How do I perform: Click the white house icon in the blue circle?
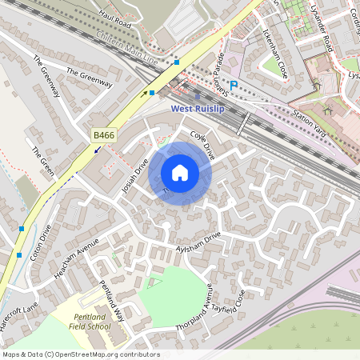(x=180, y=173)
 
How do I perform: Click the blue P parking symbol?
(x=234, y=85)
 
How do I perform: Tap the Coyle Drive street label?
(x=202, y=146)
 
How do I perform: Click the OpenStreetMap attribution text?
(x=81, y=354)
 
